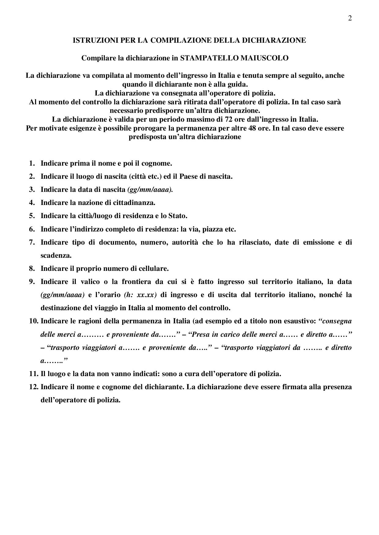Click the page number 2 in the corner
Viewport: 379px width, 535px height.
[350, 18]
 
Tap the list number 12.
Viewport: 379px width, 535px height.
[33, 387]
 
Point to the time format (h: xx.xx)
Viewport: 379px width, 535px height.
[142, 295]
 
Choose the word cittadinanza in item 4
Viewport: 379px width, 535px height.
[136, 203]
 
